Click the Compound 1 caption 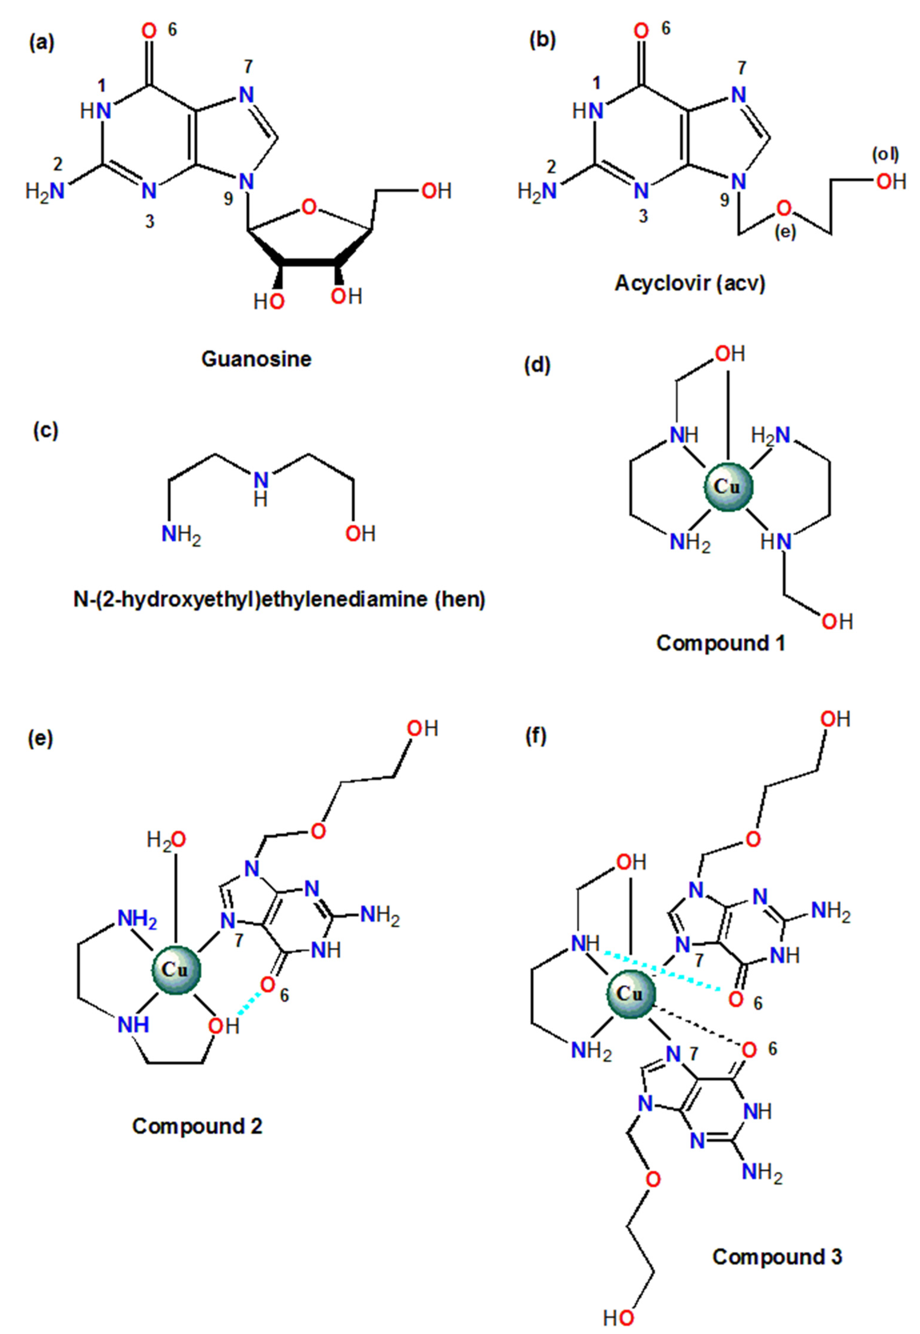720,643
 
